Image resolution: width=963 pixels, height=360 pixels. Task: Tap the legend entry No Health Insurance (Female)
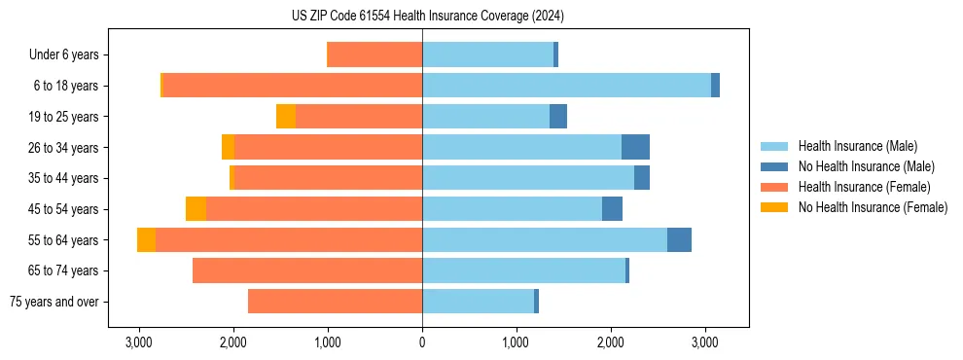pos(873,207)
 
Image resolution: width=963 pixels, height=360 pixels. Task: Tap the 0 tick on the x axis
pos(422,343)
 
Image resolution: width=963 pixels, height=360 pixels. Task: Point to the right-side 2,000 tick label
pos(611,343)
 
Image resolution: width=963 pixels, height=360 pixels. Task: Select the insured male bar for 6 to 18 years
pos(566,86)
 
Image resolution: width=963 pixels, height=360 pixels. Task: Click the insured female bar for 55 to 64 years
pos(289,240)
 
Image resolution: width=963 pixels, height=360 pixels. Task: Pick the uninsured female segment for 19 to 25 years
pos(286,117)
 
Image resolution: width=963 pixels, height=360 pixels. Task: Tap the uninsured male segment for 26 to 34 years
pos(635,148)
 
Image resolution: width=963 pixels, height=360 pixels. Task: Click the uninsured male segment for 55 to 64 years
pos(679,240)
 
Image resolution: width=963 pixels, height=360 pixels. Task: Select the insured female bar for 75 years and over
pos(335,302)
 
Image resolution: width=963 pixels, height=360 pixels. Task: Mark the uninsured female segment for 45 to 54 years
pos(196,209)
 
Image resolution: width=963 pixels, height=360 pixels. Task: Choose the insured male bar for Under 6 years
pos(487,55)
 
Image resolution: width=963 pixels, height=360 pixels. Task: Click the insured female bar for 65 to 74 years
pos(307,270)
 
